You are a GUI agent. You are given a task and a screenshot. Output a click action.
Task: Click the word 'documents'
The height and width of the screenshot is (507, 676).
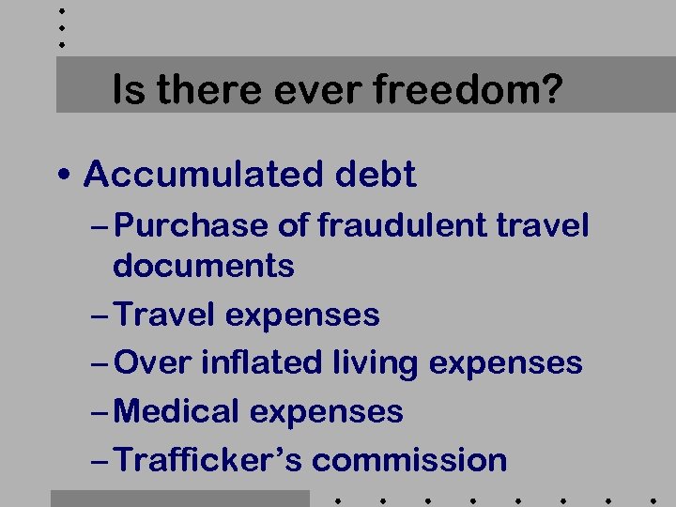coord(203,266)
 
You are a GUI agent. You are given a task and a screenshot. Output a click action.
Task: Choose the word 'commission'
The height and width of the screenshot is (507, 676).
coord(409,460)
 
